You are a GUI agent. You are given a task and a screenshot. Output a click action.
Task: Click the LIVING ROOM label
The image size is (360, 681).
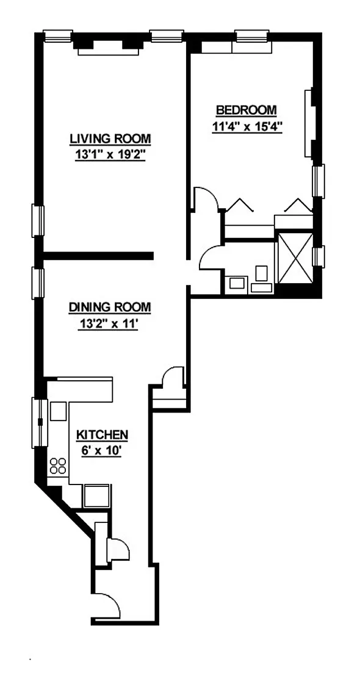coord(110,139)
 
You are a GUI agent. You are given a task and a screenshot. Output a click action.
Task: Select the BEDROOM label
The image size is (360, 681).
coord(247,110)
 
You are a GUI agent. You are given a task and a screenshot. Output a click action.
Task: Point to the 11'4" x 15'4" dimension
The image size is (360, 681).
coord(247,128)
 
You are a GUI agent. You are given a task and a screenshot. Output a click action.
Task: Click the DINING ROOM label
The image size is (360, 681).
coord(110,307)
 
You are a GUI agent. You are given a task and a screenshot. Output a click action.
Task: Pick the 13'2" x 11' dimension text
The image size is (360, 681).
coord(108,324)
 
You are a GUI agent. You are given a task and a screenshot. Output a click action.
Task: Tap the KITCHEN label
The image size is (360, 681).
coord(102,434)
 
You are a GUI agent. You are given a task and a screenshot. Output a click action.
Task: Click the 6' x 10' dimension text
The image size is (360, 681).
coord(100,451)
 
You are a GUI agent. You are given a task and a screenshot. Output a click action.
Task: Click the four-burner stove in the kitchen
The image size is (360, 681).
coord(58,466)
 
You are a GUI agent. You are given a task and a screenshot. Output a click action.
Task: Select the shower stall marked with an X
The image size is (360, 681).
coord(295,258)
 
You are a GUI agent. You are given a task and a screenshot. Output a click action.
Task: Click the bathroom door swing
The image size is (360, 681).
coord(211,258)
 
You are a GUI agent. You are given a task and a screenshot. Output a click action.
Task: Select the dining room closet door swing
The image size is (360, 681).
coord(173,377)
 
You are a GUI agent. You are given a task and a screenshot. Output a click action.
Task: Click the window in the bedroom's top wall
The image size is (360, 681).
coord(252,35)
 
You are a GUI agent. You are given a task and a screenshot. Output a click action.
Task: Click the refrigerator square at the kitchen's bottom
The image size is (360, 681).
coord(97,495)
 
